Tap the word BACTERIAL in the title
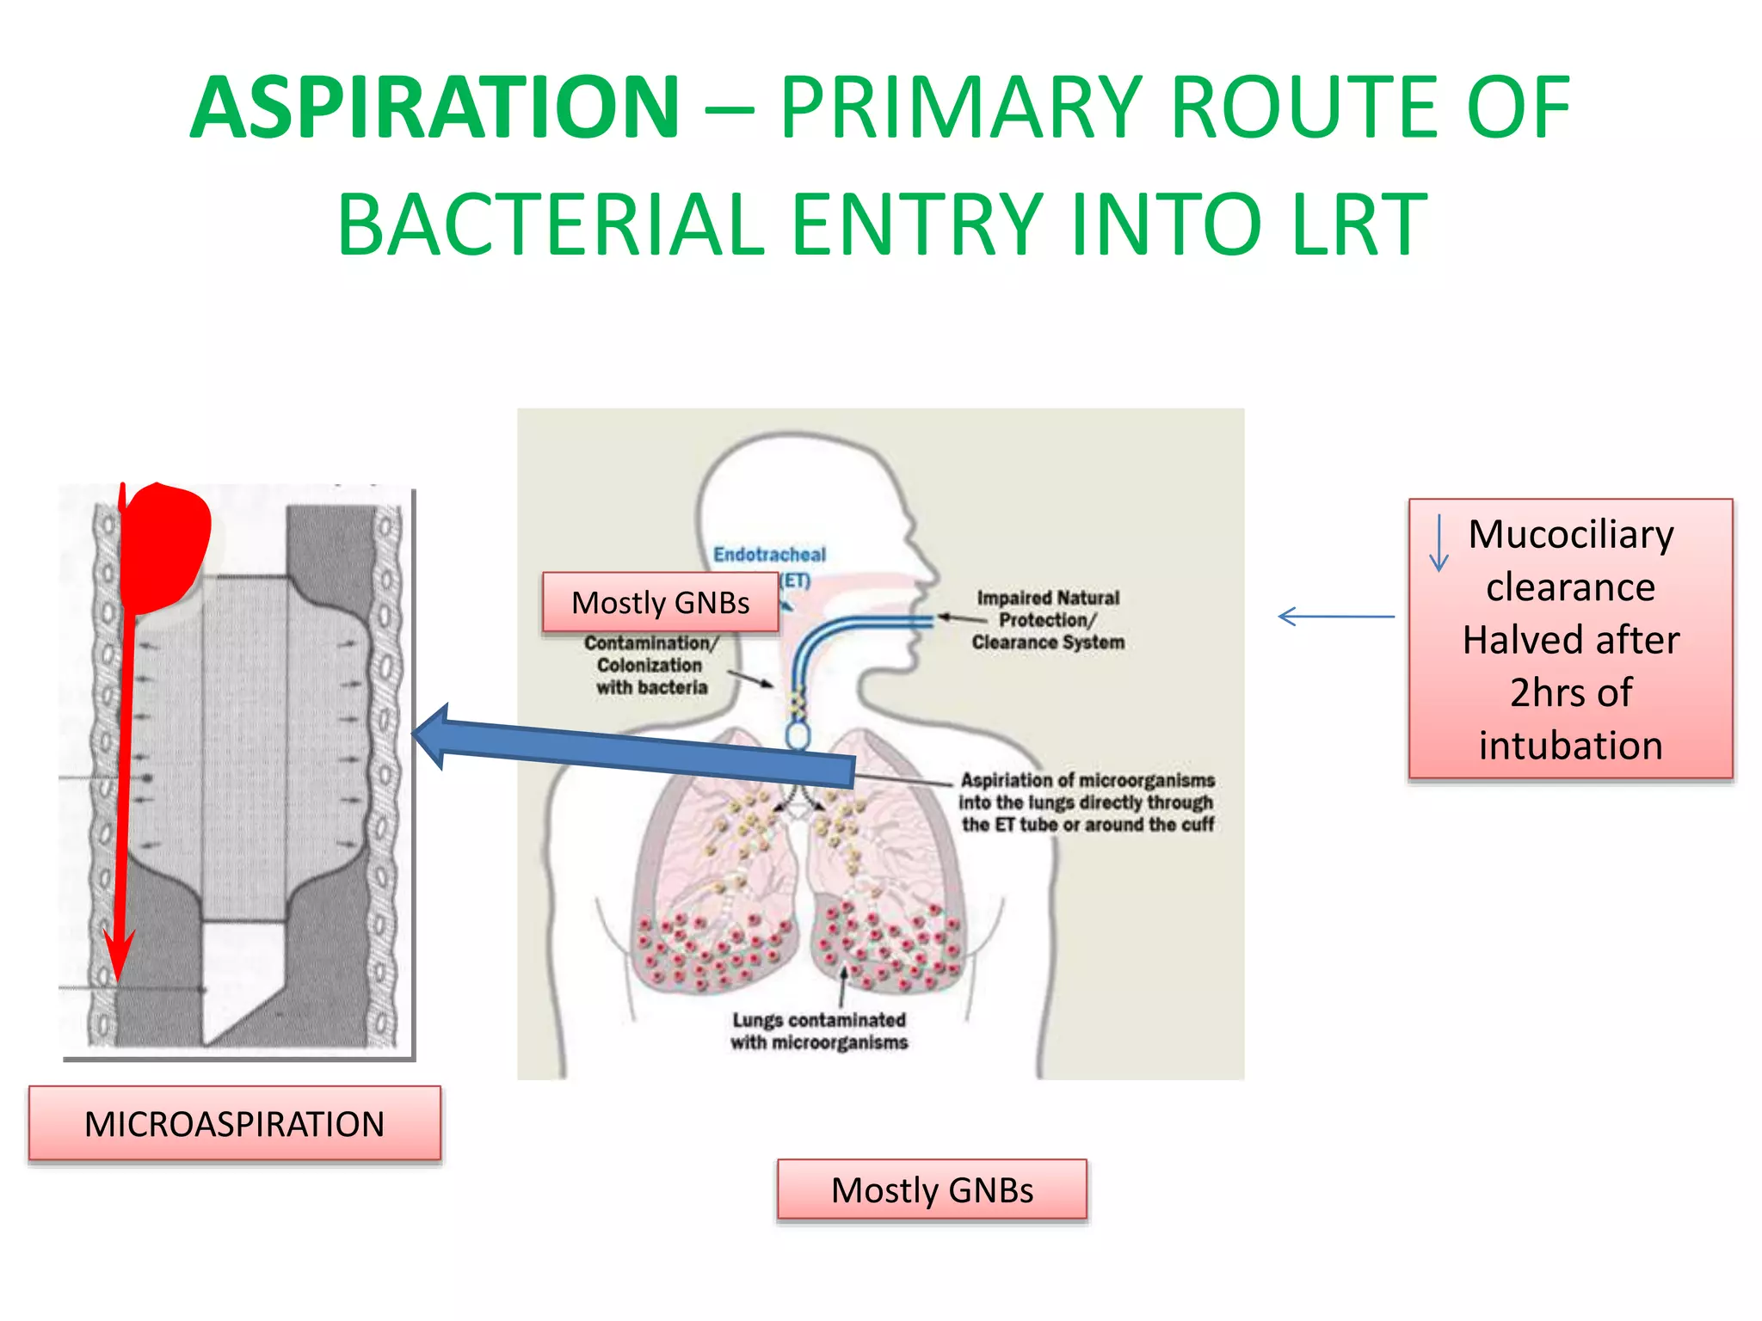(x=551, y=225)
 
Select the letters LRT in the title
(x=1359, y=225)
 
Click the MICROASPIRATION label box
(x=234, y=1124)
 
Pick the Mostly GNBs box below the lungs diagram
(x=932, y=1190)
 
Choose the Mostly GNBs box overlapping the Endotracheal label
(x=660, y=603)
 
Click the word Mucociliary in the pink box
(x=1570, y=534)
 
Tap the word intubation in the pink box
(x=1570, y=745)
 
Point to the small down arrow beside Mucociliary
(x=1439, y=544)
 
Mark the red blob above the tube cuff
(x=166, y=546)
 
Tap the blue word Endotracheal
(x=769, y=555)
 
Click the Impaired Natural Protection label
(x=1048, y=620)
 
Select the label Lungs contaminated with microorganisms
(x=819, y=1031)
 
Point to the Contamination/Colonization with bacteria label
(x=650, y=665)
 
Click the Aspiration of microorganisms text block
(x=1087, y=802)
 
